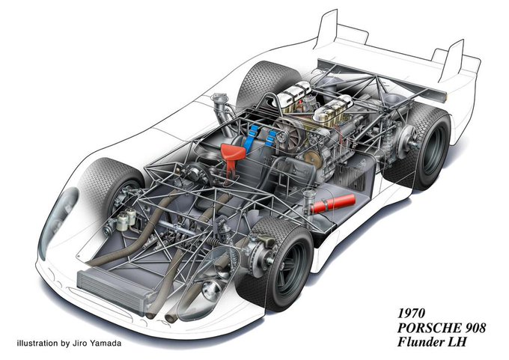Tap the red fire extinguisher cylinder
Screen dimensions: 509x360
point(333,204)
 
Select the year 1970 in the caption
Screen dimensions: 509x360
point(411,314)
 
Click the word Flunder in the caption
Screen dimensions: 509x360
point(421,342)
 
